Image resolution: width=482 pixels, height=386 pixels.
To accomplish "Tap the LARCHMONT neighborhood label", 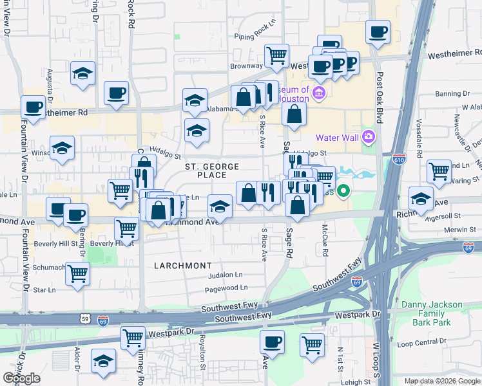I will click(x=182, y=265).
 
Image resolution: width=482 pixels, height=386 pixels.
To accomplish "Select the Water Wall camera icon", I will click(x=368, y=136).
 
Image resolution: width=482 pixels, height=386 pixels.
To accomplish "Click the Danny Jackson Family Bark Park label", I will click(x=432, y=313).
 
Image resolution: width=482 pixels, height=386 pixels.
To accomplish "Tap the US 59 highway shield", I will click(x=85, y=319).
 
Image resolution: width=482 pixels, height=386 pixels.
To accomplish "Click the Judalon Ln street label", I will click(x=225, y=275).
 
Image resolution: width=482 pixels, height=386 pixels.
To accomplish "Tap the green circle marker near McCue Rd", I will click(x=343, y=190).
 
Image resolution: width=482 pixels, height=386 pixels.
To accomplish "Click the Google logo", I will click(x=21, y=378).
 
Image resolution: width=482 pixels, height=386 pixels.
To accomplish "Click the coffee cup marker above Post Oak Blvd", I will click(x=378, y=31).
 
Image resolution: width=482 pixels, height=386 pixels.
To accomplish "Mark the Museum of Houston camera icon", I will click(x=318, y=95).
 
